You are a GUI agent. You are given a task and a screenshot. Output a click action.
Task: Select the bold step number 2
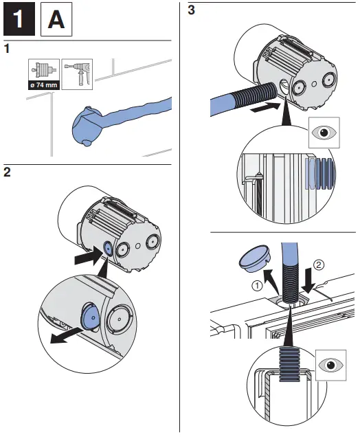tap(7, 172)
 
